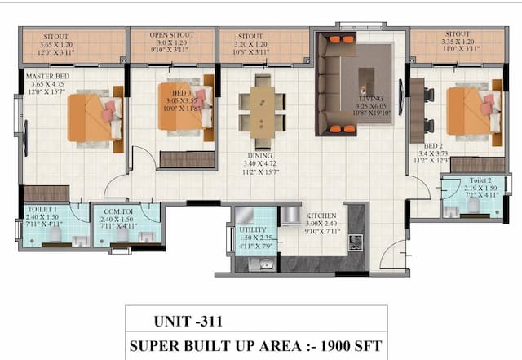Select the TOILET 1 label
(42, 210)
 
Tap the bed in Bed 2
(472, 110)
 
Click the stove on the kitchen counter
(355, 242)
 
